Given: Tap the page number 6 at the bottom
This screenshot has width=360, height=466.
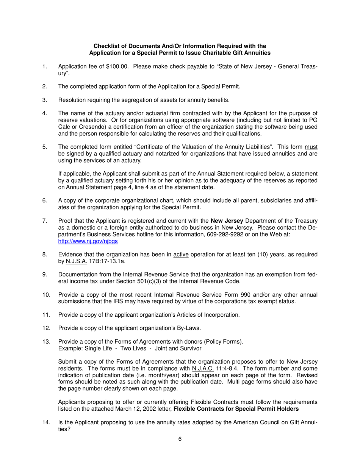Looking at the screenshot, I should [180, 439].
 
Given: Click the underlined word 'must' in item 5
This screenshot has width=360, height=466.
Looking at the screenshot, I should [311, 147].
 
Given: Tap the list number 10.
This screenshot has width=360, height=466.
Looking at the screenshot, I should [46, 295].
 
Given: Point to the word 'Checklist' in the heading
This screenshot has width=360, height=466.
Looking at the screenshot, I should [106, 46].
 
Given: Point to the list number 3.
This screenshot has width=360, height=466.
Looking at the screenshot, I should [44, 100].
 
